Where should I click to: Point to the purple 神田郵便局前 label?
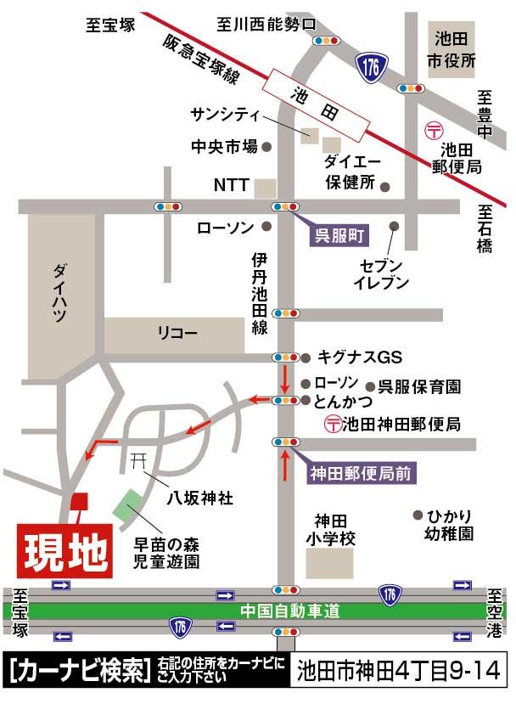360,474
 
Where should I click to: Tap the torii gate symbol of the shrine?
139,460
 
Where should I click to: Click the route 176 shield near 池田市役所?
371,64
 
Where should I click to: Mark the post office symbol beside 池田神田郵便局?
333,422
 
